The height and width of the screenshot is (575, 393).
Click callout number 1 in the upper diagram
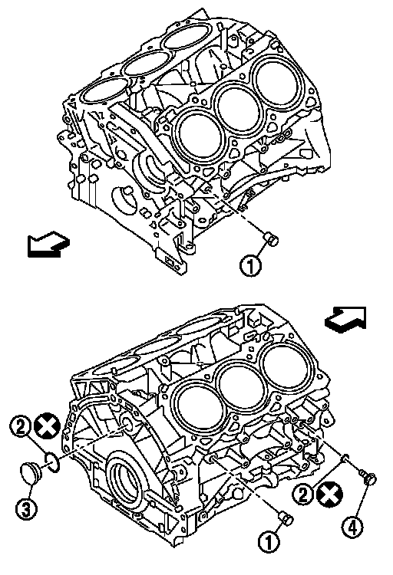[251, 265]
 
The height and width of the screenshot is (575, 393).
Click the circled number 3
[26, 509]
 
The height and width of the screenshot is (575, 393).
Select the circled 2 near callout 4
[302, 495]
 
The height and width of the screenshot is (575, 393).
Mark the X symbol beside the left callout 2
[47, 426]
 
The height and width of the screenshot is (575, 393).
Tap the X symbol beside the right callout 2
[329, 495]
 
